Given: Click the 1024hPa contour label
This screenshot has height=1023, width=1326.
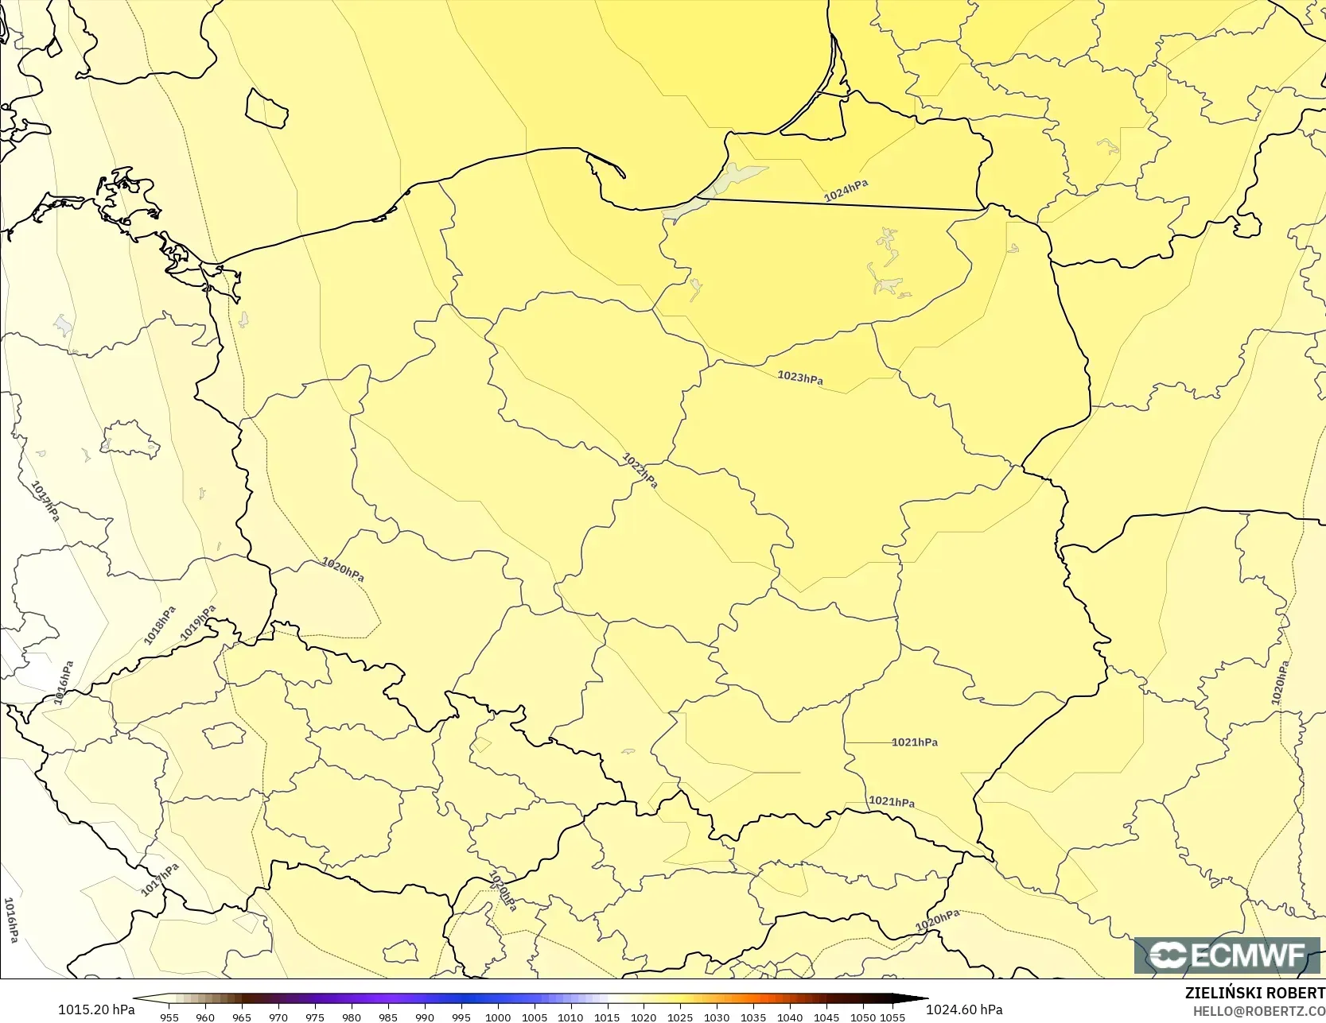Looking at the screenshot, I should pos(846,191).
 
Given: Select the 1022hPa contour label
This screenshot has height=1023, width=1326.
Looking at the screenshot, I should pos(640,470).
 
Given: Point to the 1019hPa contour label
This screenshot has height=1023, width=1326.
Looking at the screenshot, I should pos(198,622).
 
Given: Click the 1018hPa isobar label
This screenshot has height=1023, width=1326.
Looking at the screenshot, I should pos(160,626).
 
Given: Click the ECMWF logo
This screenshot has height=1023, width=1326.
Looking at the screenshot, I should pos(1227,955).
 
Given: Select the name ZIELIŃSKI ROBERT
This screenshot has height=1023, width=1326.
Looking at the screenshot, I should pos(1254,993).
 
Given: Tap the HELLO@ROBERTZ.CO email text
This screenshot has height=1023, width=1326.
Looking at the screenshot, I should pos(1258,1011).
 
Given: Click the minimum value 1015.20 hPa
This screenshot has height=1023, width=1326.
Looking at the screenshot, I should pos(96,1009).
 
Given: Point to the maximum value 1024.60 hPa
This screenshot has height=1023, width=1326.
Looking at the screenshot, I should pos(964,1009).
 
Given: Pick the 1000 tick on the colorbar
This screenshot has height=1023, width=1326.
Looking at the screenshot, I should pos(498,1017).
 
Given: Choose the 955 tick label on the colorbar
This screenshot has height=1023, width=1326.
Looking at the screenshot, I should pos(169,1017).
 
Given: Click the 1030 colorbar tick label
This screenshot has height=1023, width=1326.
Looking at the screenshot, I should pos(717,1017).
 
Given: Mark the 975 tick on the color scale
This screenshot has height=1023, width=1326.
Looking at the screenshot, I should pos(315,1017).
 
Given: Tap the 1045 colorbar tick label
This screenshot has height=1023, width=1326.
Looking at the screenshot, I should pos(826,1017).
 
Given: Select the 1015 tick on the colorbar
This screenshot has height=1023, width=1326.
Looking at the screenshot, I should pos(607,1017).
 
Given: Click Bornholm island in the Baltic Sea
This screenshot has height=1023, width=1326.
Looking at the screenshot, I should pos(266,109).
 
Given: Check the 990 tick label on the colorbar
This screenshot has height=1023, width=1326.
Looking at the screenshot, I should pos(425,1017).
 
